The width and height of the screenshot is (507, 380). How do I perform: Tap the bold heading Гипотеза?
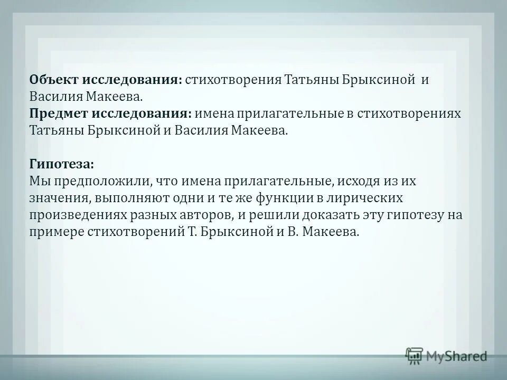62,164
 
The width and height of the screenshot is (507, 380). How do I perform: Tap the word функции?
288,198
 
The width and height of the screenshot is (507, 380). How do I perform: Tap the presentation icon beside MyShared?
414,355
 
